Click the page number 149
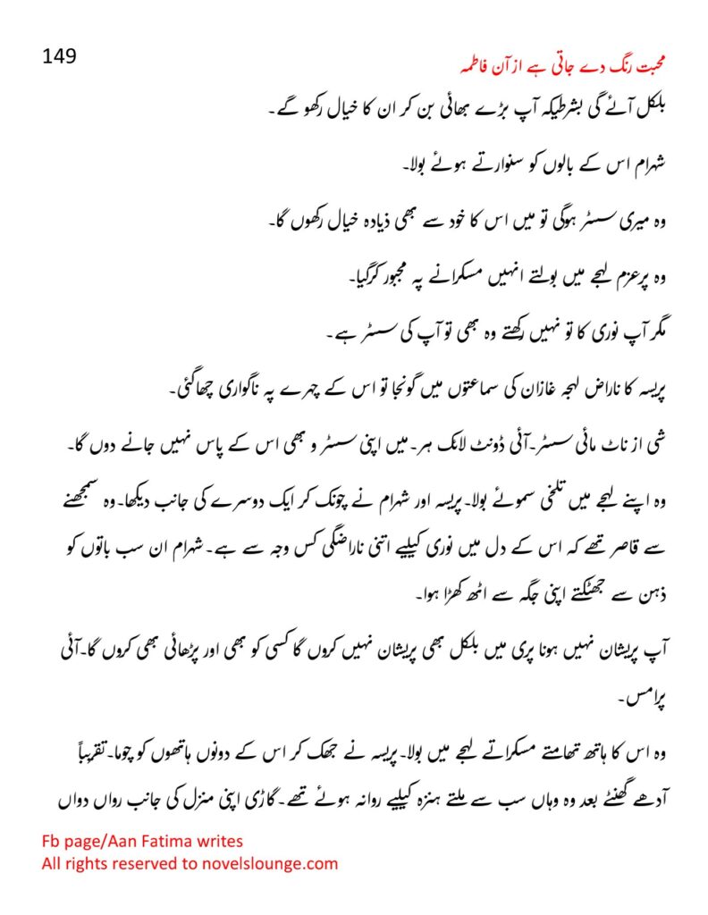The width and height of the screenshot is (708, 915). click(60, 55)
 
